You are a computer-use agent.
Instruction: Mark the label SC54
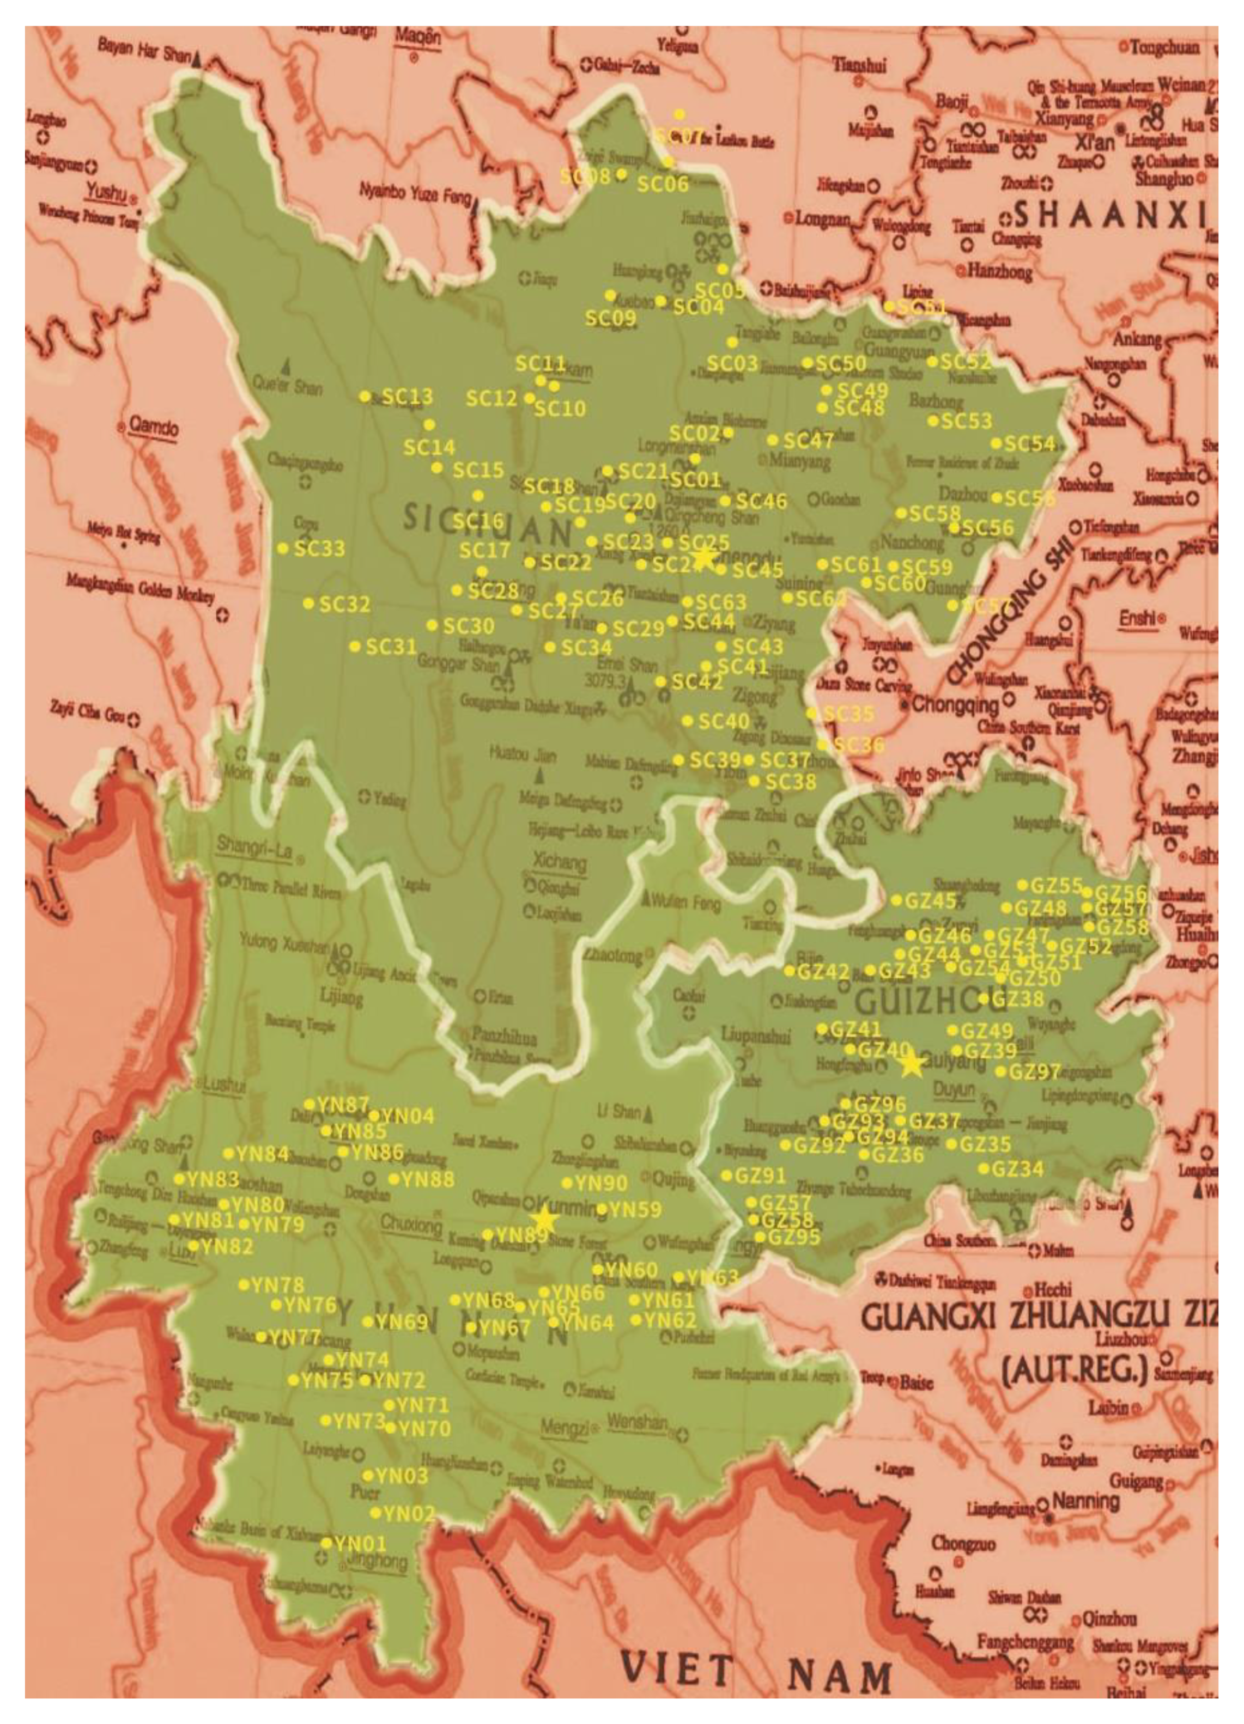pos(1029,444)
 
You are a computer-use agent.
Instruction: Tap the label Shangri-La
pos(254,845)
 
